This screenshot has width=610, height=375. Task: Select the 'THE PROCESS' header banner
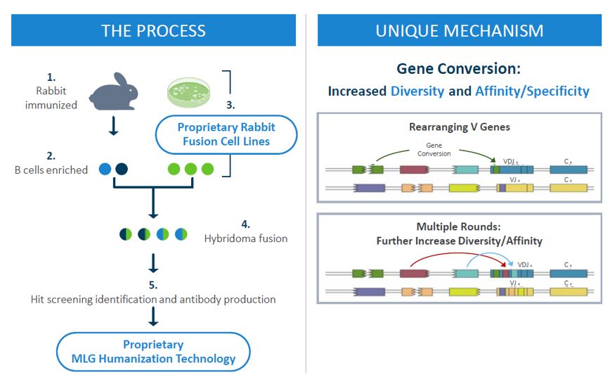[x=153, y=30]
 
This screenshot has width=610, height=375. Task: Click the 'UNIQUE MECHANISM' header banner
[x=459, y=30]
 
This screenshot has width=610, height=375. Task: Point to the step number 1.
[x=50, y=77]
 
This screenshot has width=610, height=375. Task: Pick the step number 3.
[x=231, y=105]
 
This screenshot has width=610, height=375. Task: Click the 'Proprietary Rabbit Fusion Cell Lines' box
[x=226, y=134]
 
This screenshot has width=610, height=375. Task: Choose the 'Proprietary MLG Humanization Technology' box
[x=153, y=352]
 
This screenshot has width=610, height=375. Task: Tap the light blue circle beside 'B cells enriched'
[x=105, y=169]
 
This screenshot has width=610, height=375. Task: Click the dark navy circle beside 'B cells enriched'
[x=121, y=169]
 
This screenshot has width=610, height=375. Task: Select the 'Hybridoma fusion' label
[x=245, y=239]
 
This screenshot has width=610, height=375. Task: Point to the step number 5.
[x=153, y=285]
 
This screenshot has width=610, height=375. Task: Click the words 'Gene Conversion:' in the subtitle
[x=458, y=68]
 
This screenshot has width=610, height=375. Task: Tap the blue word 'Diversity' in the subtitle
[x=417, y=91]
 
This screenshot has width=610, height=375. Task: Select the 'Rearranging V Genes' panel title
[x=459, y=127]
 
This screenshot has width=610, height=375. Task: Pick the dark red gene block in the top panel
[x=414, y=169]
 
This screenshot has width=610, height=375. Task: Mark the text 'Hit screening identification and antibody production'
[x=153, y=299]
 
